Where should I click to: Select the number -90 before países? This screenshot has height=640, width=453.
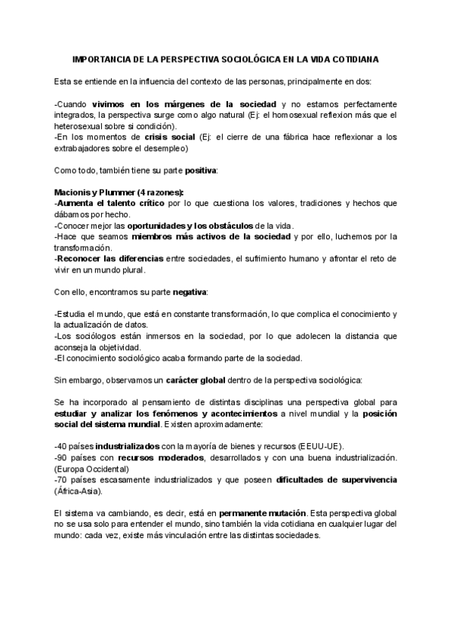click(x=62, y=458)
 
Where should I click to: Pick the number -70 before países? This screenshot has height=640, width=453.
click(x=62, y=481)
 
